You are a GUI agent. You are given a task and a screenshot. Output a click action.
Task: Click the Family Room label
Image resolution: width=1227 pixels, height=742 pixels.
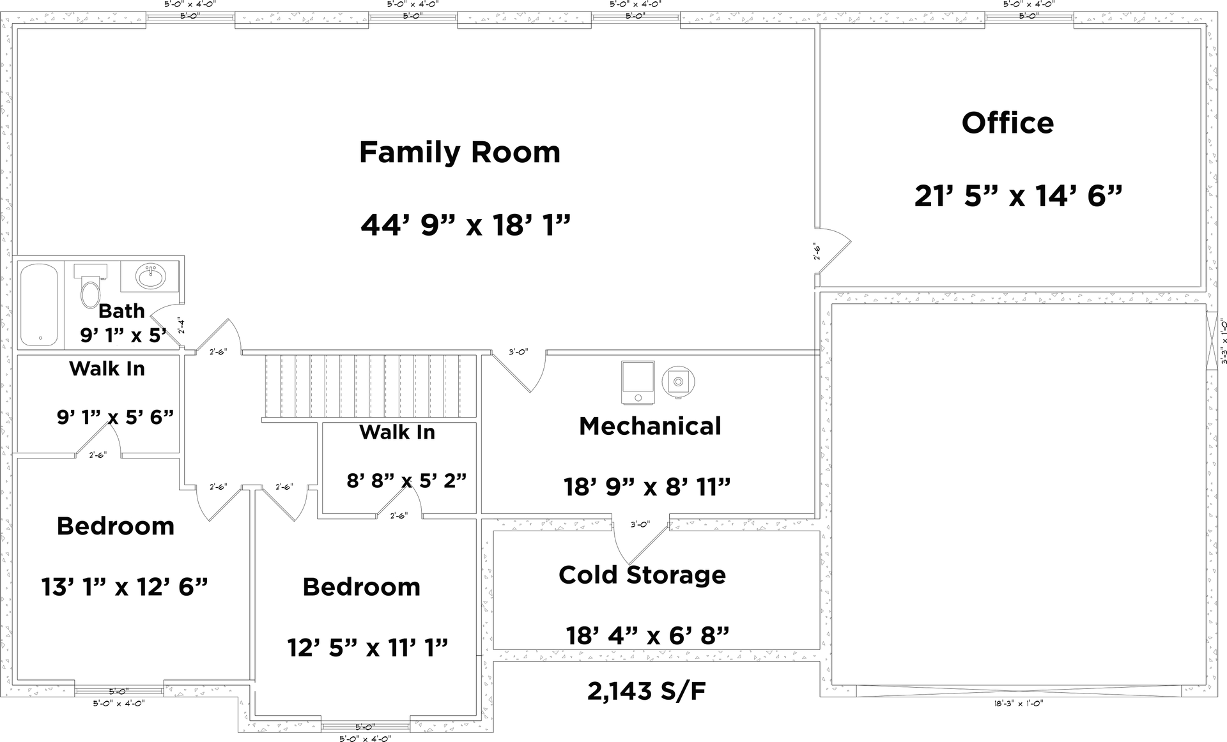pyautogui.click(x=459, y=153)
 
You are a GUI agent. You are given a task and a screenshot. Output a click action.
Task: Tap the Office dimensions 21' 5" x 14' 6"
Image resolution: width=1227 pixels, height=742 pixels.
pyautogui.click(x=1018, y=196)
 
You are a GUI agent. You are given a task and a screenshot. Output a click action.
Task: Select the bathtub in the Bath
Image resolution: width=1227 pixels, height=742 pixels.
pyautogui.click(x=39, y=305)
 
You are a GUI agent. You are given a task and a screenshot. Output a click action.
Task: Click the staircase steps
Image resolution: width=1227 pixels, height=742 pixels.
pyautogui.click(x=371, y=386)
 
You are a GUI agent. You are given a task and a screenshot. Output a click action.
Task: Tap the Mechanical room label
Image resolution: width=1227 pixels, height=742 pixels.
pyautogui.click(x=650, y=427)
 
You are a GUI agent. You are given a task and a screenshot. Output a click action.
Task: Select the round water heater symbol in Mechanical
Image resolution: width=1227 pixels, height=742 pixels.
pyautogui.click(x=678, y=382)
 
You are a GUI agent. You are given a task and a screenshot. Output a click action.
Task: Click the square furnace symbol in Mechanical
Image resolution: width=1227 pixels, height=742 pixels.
pyautogui.click(x=638, y=382)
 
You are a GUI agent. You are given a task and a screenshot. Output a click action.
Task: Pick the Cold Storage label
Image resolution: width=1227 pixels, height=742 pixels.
pyautogui.click(x=642, y=575)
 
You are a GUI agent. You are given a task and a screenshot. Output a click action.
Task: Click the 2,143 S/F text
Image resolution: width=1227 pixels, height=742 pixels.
pyautogui.click(x=646, y=691)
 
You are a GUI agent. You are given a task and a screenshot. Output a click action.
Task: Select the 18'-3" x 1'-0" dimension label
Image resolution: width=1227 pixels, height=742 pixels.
pyautogui.click(x=1018, y=703)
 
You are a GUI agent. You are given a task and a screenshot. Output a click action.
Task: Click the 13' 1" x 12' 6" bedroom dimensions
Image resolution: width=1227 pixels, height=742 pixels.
pyautogui.click(x=125, y=587)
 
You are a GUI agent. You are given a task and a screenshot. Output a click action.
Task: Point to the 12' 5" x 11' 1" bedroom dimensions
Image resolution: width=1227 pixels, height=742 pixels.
pyautogui.click(x=367, y=648)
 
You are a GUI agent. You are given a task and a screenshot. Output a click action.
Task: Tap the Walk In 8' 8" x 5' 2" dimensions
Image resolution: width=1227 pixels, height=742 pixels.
pyautogui.click(x=406, y=480)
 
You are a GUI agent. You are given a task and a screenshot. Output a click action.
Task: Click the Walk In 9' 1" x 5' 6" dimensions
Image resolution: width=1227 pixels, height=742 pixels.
pyautogui.click(x=115, y=417)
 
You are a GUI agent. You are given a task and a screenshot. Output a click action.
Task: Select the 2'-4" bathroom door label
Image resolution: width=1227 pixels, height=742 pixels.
pyautogui.click(x=181, y=326)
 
